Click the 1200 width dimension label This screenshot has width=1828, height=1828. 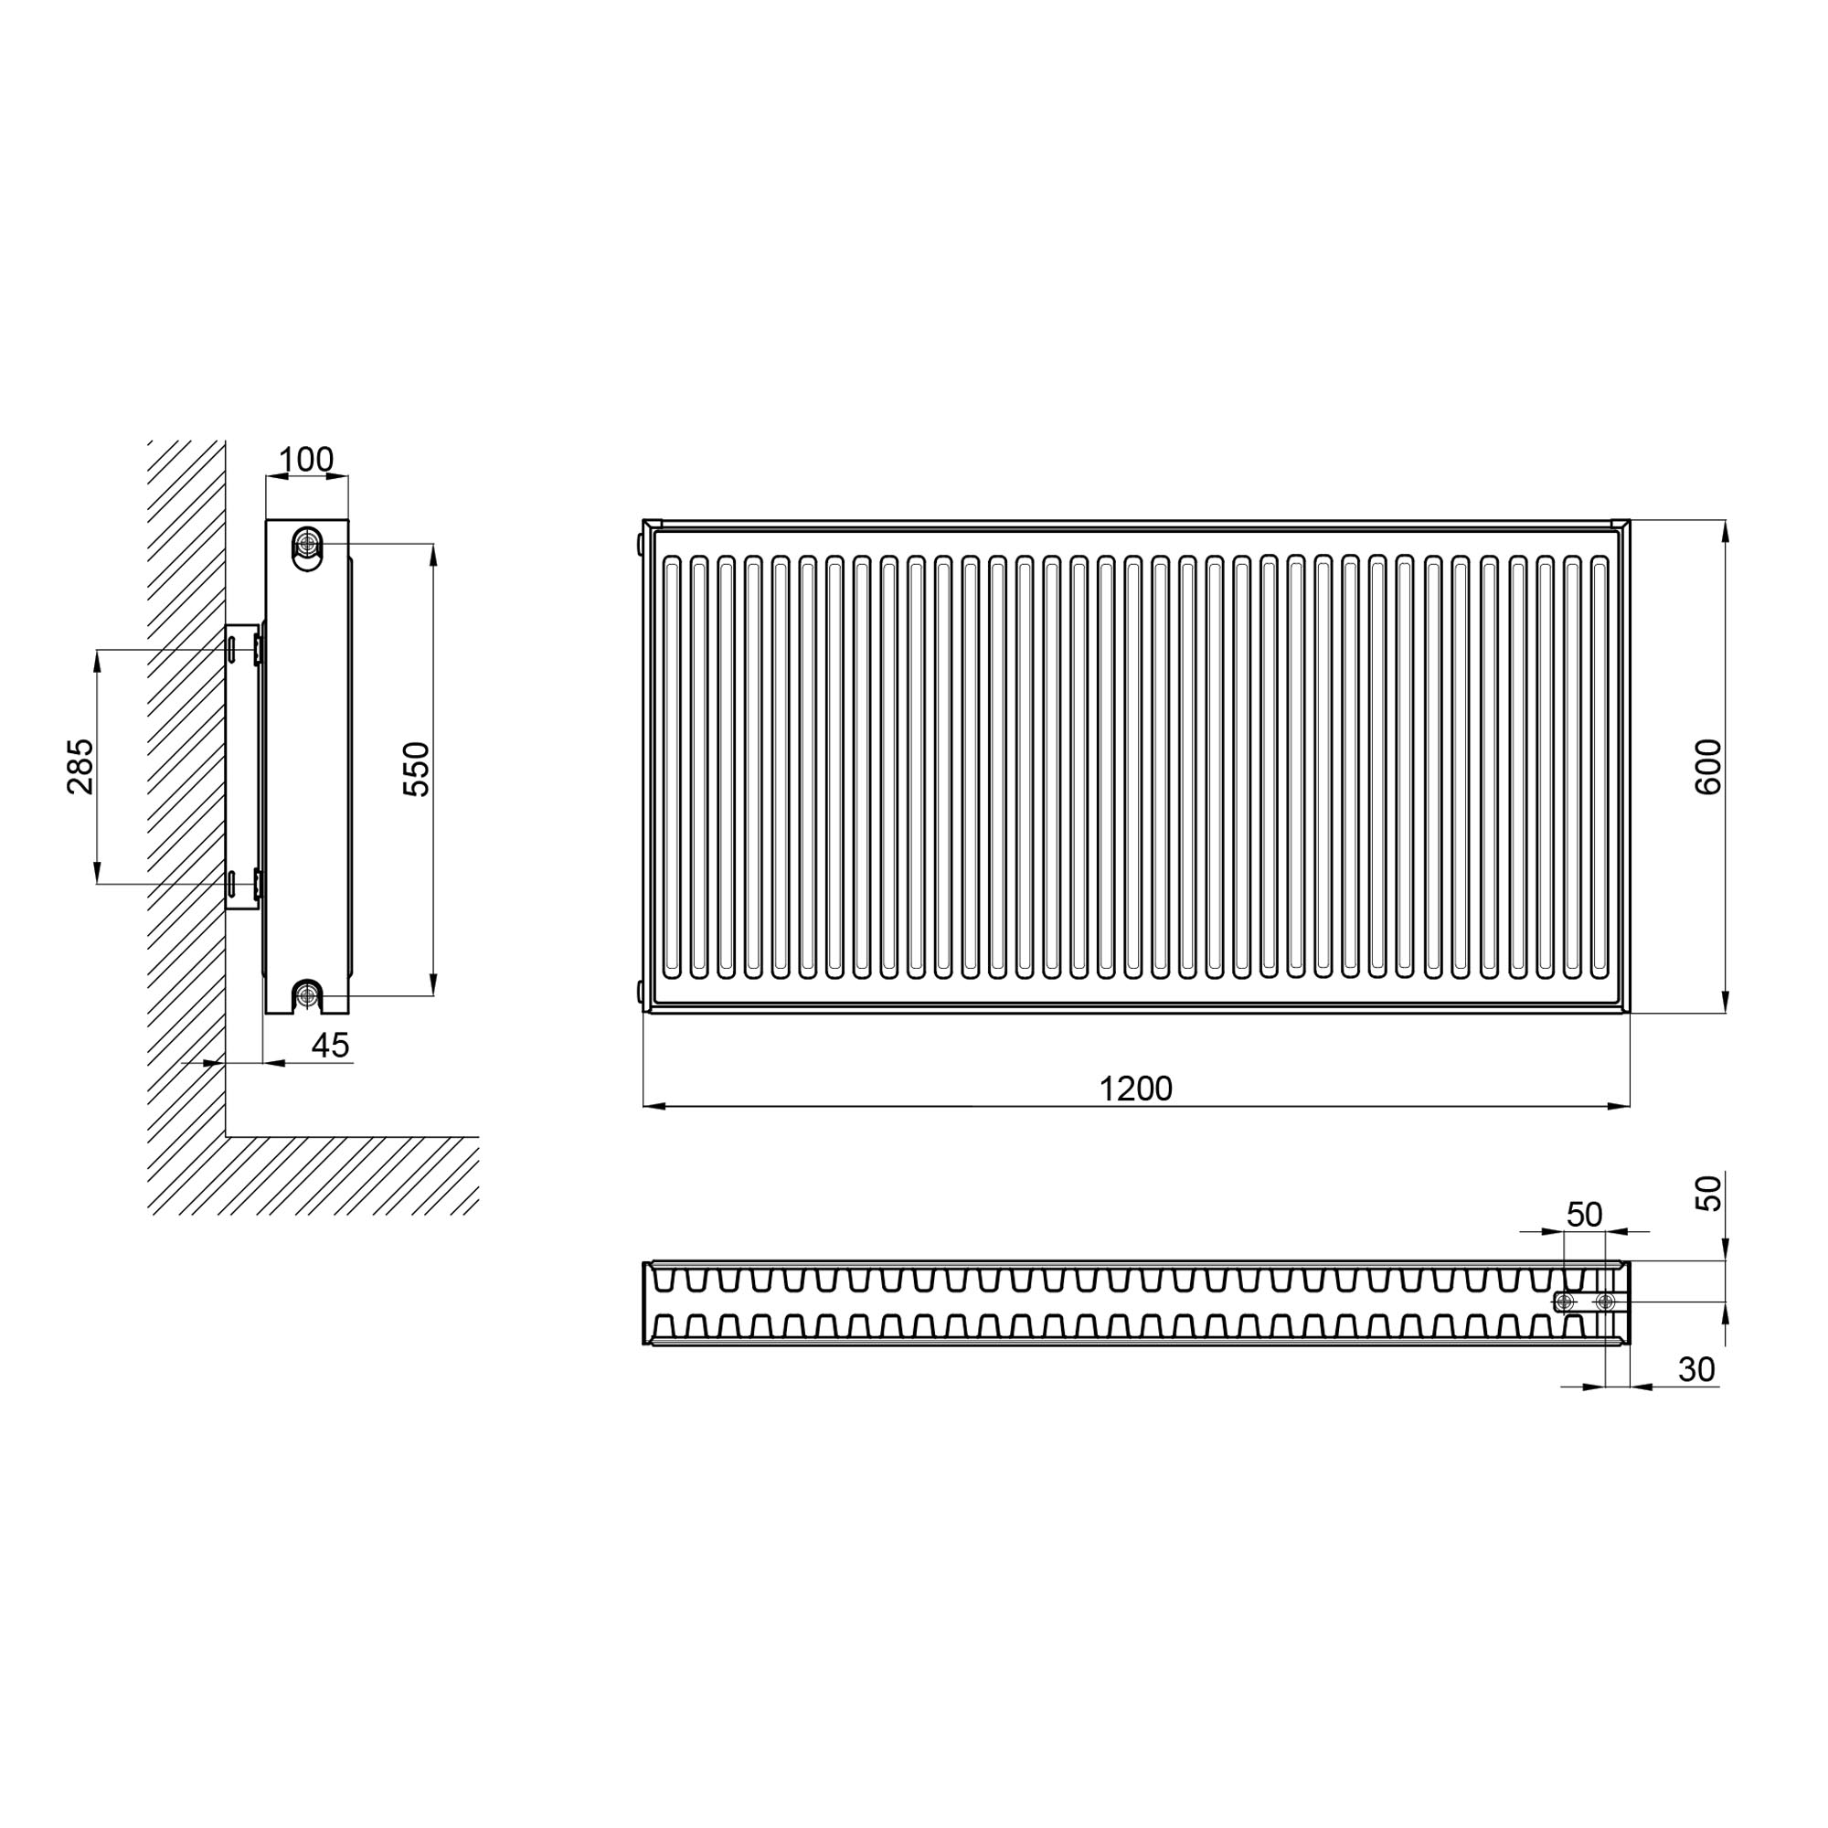[1135, 1089]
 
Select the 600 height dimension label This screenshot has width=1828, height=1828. [1708, 768]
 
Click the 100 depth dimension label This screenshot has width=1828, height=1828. [305, 460]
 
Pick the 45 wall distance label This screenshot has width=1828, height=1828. [330, 1046]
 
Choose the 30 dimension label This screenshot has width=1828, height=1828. [1696, 1369]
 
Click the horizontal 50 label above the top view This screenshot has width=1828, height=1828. [1585, 1214]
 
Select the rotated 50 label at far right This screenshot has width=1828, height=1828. [1708, 1193]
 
